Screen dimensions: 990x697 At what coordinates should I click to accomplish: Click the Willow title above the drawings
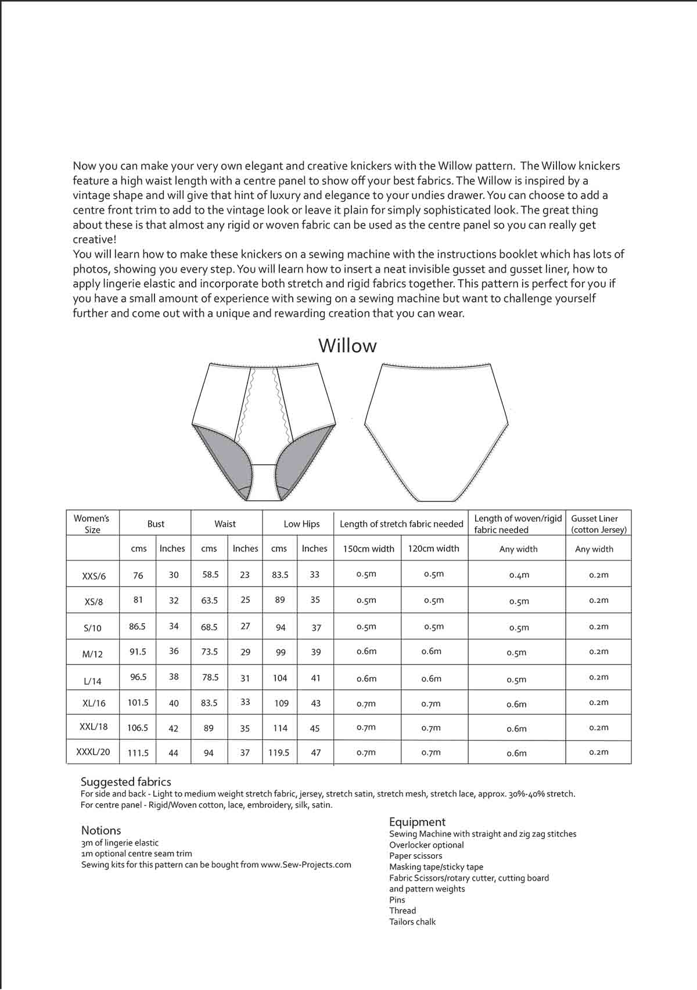point(347,346)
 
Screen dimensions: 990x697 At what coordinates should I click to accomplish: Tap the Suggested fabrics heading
point(126,782)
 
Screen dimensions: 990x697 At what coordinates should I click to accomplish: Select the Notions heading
point(101,830)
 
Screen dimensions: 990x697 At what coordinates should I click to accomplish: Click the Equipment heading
point(417,822)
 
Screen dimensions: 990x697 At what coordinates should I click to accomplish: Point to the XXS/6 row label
point(94,576)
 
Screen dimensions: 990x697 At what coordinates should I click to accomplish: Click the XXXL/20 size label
point(93,751)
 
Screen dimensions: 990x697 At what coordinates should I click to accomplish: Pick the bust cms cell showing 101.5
point(138,702)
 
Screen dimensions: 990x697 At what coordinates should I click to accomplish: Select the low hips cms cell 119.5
point(279,753)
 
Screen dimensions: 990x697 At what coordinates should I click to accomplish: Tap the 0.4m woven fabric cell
point(519,575)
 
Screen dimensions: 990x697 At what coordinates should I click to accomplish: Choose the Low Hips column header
point(301,524)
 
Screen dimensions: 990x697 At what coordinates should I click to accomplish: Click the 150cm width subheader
point(368,549)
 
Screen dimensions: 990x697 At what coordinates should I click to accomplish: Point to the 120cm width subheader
point(433,548)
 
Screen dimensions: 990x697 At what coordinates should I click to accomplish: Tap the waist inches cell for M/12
point(246,652)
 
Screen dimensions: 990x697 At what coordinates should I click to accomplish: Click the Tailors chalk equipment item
point(412,922)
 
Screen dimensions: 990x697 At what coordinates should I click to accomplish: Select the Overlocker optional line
point(426,845)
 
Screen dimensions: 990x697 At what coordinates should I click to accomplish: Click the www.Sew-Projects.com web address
point(306,865)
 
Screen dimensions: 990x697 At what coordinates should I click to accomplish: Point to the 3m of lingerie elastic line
point(120,843)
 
